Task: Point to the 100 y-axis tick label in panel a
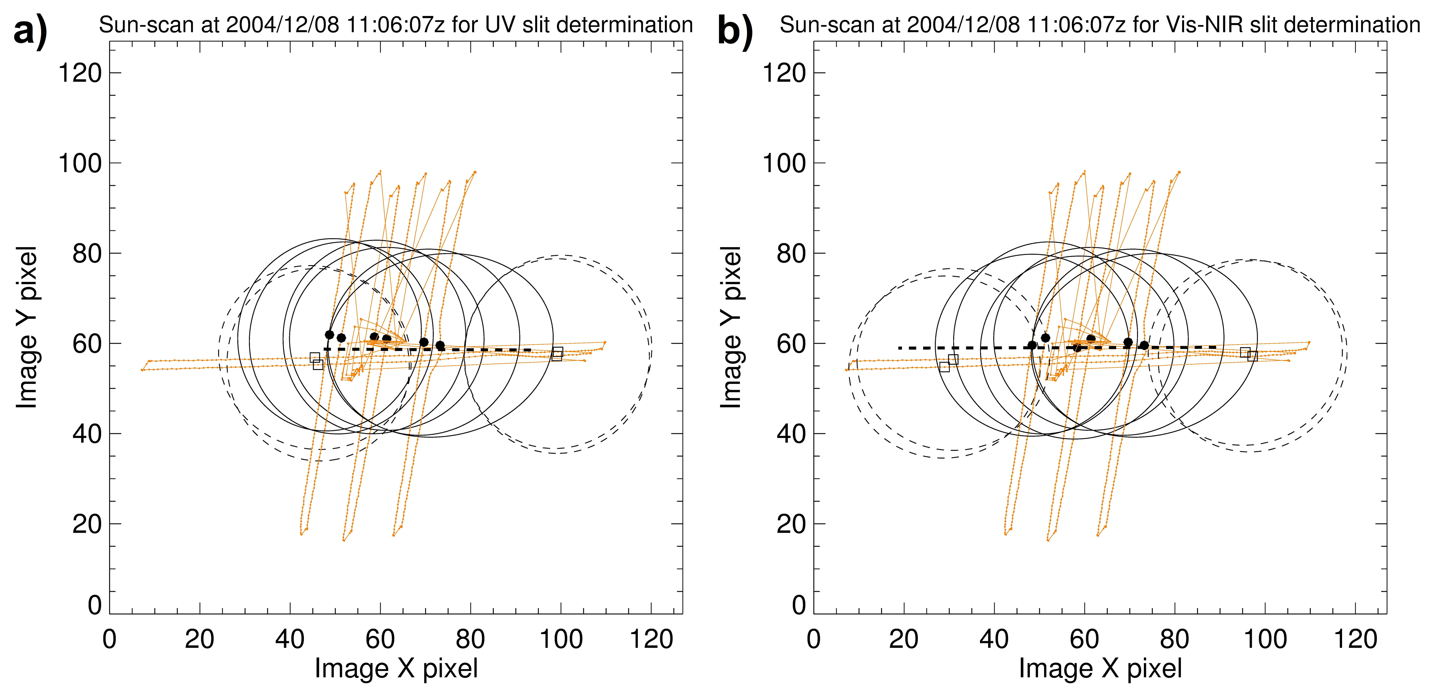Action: point(80,163)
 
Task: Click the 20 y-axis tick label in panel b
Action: point(791,524)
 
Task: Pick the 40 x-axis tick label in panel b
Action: point(994,640)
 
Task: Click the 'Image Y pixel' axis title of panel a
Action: point(27,328)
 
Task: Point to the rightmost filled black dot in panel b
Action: point(1144,345)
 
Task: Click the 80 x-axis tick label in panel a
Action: point(470,640)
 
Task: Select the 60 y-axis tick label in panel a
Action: point(87,344)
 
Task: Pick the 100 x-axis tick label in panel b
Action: point(1265,640)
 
